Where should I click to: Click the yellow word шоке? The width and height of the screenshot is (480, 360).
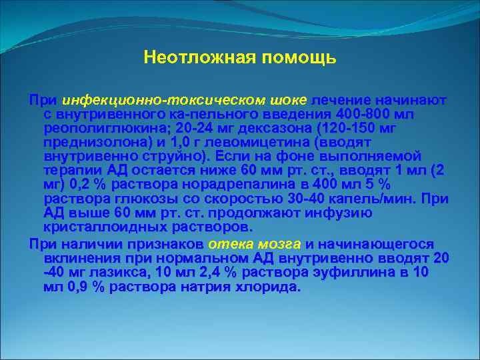pyautogui.click(x=288, y=100)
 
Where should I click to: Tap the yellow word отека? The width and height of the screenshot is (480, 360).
pyautogui.click(x=231, y=244)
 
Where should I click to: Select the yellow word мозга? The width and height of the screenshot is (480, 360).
pyautogui.click(x=279, y=244)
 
